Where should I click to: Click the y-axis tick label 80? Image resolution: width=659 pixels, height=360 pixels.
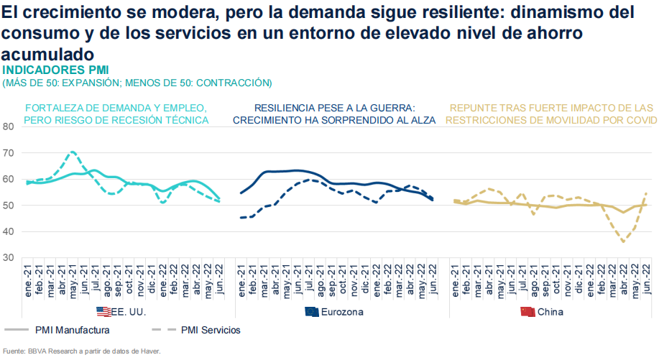click(x=9, y=126)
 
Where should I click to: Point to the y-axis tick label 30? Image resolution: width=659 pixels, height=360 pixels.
click(x=9, y=257)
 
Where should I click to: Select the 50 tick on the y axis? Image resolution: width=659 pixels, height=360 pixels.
click(x=9, y=206)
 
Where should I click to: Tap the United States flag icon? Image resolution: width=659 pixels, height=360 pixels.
click(x=104, y=312)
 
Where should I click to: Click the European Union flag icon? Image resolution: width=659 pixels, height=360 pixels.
click(x=312, y=312)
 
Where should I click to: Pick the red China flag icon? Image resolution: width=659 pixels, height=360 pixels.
click(x=527, y=312)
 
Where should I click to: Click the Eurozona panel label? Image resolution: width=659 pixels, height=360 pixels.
click(x=343, y=312)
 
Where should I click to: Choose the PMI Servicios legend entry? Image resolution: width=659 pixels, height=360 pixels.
click(x=211, y=330)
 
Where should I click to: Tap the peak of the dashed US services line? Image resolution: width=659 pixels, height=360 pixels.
click(x=73, y=152)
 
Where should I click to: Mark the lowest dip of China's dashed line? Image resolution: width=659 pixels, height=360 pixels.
click(x=623, y=241)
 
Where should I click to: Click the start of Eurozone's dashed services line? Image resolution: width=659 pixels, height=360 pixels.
click(x=241, y=217)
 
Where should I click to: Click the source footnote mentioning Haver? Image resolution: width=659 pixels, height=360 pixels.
click(x=80, y=351)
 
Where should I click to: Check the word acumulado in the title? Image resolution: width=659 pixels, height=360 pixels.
click(x=47, y=55)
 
